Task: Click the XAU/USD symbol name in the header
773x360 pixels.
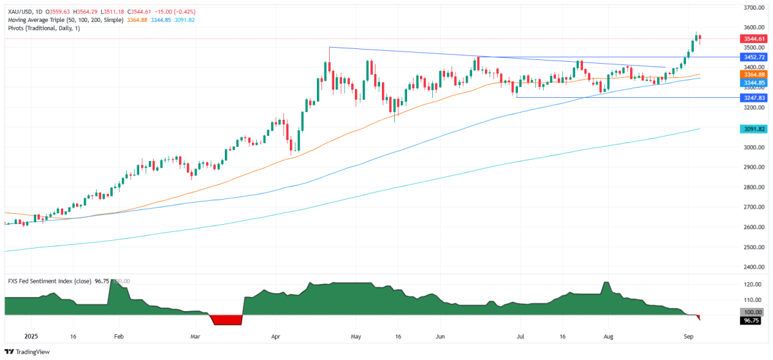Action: [20, 12]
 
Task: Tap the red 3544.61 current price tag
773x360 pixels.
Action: [752, 39]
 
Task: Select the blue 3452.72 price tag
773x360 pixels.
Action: [752, 57]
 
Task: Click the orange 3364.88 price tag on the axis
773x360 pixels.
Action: [752, 75]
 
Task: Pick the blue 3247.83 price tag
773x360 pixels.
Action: [752, 98]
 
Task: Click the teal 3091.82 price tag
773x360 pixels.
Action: [752, 129]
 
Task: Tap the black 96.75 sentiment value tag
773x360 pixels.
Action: [752, 320]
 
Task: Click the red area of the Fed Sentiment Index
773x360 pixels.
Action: [225, 319]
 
